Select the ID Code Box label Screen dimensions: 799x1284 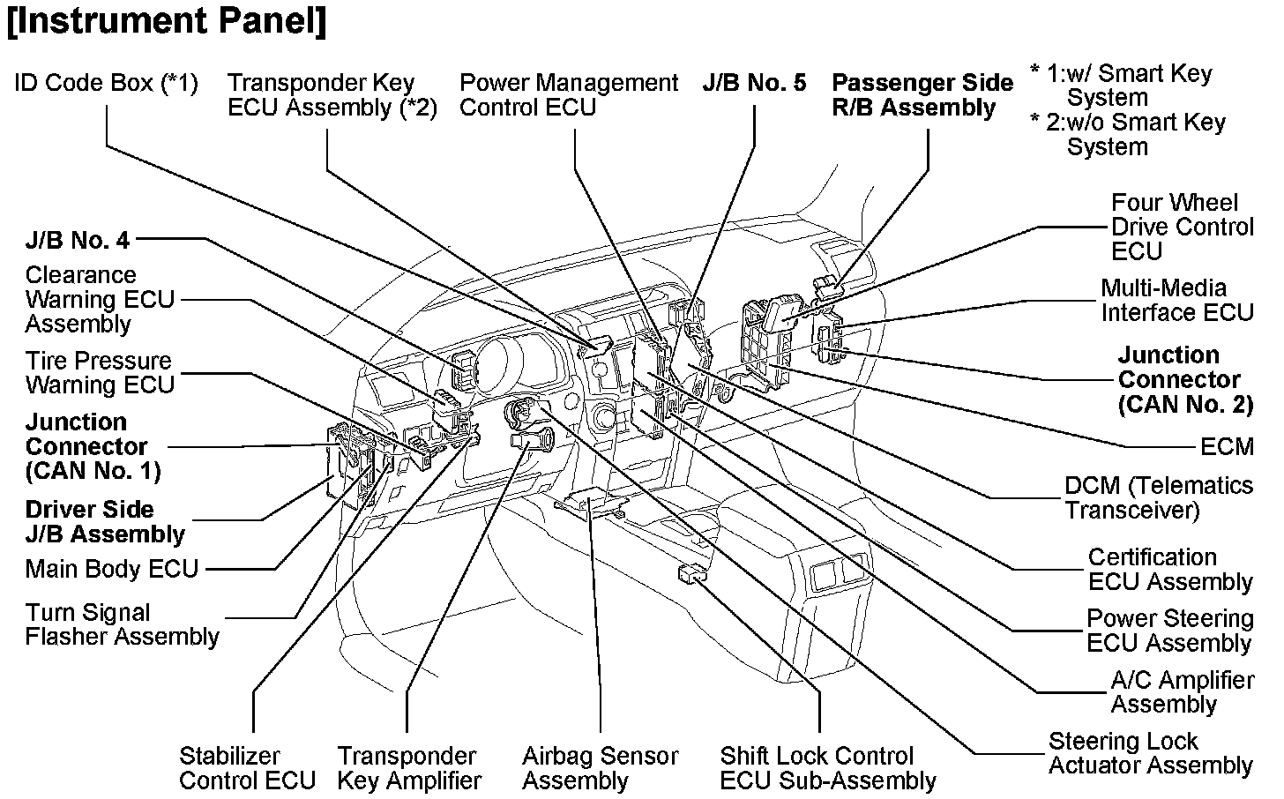(106, 83)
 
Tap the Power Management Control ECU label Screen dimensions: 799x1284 (569, 95)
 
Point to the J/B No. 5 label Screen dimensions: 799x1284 (754, 83)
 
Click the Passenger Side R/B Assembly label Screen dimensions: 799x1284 (922, 95)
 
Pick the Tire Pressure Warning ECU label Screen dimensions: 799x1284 (100, 372)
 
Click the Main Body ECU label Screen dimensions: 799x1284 (112, 569)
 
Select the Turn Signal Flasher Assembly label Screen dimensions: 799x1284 (122, 624)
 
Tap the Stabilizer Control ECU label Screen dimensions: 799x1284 (247, 768)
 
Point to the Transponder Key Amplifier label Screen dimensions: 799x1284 (409, 768)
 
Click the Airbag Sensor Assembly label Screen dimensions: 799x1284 (600, 768)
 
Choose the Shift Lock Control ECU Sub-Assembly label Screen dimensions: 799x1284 (827, 768)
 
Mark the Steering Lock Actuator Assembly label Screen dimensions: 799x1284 (1150, 753)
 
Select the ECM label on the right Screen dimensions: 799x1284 (1227, 446)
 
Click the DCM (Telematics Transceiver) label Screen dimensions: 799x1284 (1158, 497)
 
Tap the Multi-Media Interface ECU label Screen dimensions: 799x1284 (1176, 300)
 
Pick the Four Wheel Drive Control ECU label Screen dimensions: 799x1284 (1182, 227)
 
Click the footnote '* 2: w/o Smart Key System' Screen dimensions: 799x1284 (1129, 134)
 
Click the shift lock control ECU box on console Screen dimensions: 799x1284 (692, 573)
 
